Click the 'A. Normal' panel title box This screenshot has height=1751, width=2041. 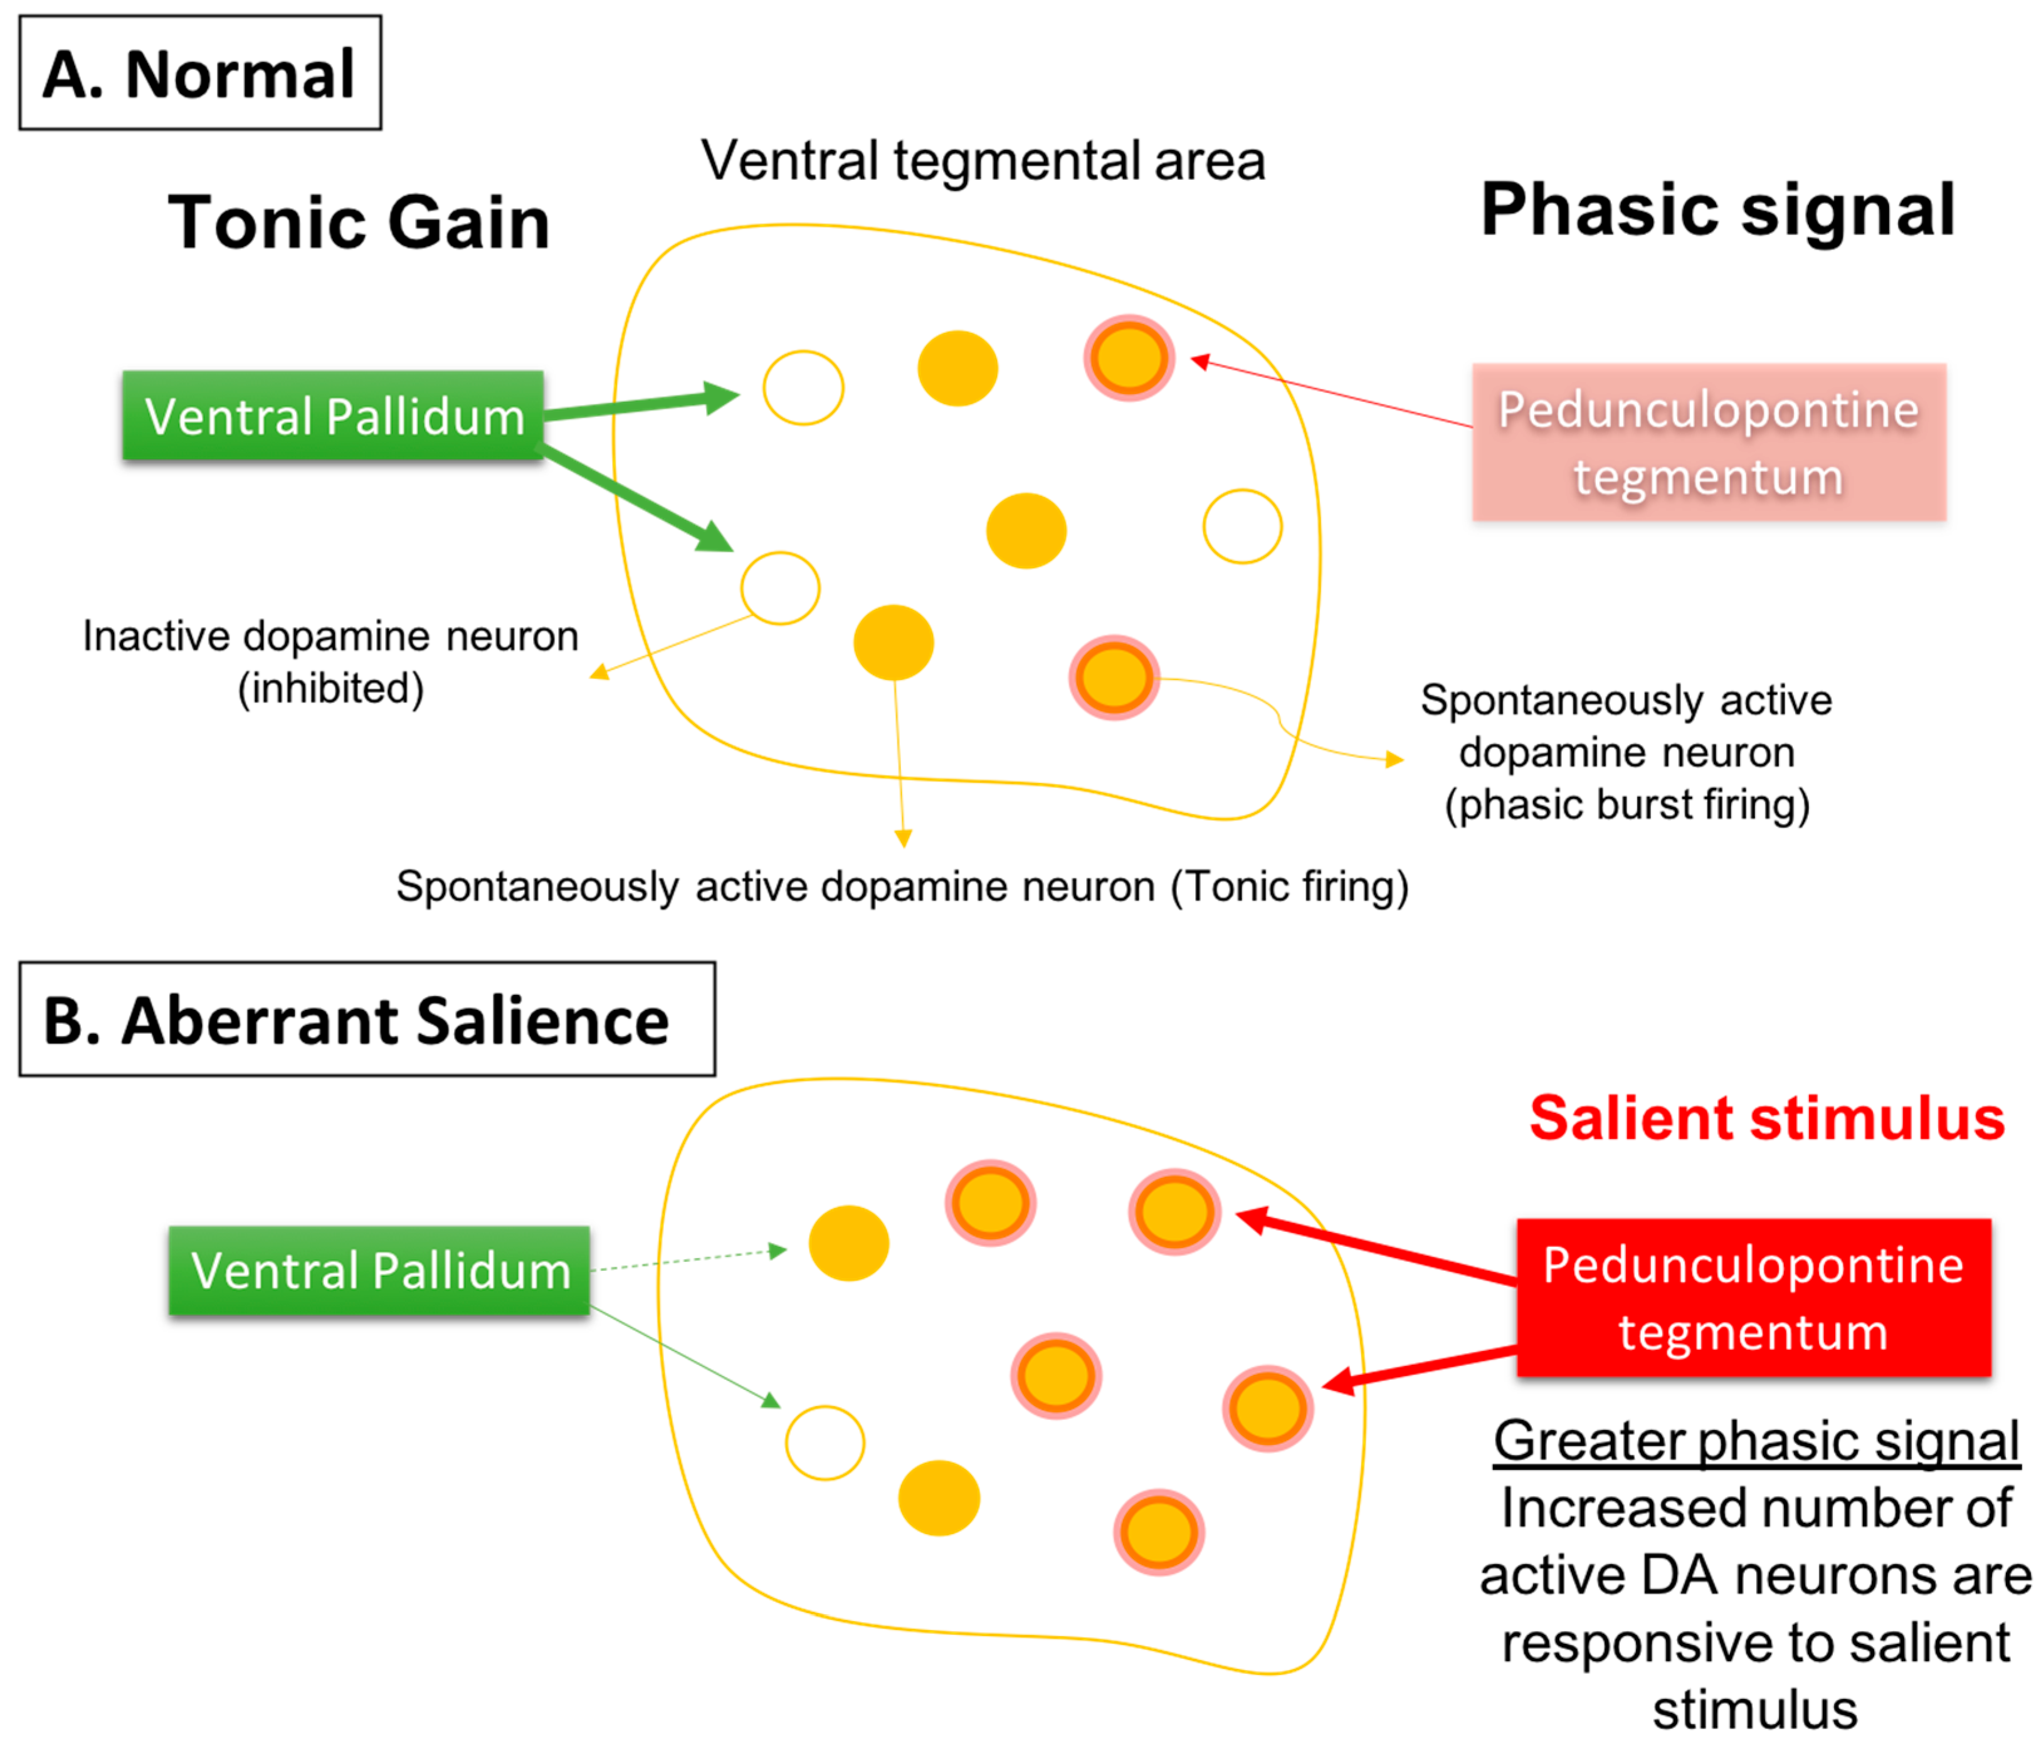pyautogui.click(x=200, y=73)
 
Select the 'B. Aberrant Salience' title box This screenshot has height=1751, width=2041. pyautogui.click(x=366, y=1019)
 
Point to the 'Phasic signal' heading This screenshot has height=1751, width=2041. pyautogui.click(x=1717, y=210)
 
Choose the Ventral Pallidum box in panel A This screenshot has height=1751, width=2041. pyautogui.click(x=333, y=416)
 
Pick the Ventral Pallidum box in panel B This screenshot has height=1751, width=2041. pyautogui.click(x=379, y=1270)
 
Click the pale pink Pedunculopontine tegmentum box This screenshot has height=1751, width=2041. pyautogui.click(x=1708, y=442)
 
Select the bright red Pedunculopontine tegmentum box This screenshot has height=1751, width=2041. pyautogui.click(x=1753, y=1297)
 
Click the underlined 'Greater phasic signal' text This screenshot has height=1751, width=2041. pyautogui.click(x=1755, y=1441)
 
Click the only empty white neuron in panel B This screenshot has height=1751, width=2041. pyautogui.click(x=825, y=1442)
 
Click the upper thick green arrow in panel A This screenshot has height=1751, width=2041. pyautogui.click(x=640, y=405)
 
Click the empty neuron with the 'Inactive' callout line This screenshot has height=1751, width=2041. pyautogui.click(x=780, y=588)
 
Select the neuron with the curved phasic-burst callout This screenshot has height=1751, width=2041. pyautogui.click(x=1114, y=678)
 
